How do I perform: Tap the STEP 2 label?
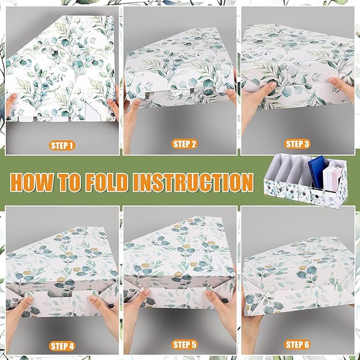(x=184, y=144)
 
